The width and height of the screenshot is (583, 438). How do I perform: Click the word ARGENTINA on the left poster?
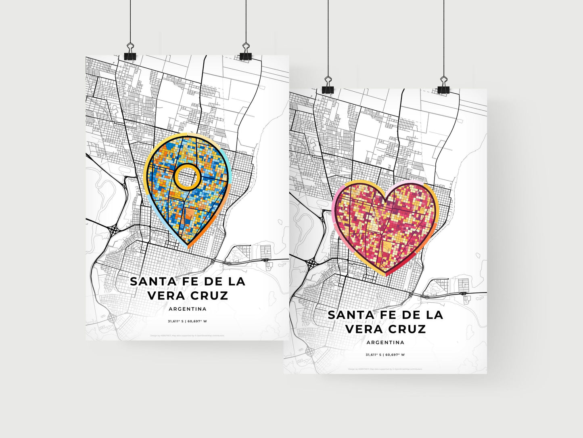point(188,309)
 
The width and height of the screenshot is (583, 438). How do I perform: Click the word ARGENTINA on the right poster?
point(385,343)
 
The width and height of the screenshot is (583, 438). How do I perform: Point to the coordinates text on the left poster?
point(188,322)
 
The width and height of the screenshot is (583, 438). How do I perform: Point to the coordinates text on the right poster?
point(385,355)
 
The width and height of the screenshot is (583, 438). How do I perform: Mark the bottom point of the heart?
point(385,275)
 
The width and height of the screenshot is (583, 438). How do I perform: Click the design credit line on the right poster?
point(385,369)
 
